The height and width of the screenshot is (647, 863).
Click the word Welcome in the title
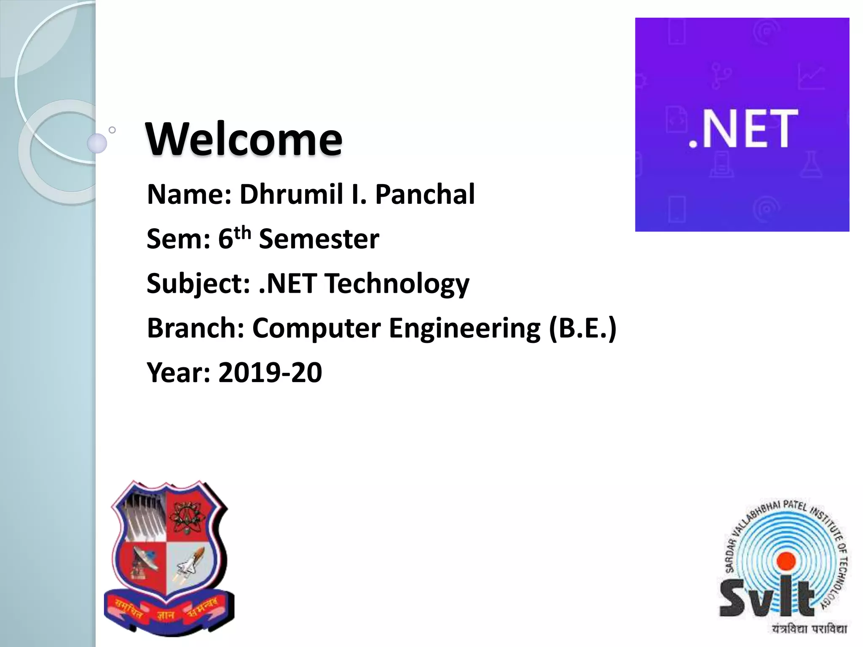tap(244, 139)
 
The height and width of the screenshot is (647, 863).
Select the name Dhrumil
tap(291, 194)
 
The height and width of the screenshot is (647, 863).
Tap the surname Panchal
tap(425, 194)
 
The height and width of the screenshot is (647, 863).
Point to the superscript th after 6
tap(243, 232)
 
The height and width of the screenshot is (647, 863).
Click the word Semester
tap(319, 239)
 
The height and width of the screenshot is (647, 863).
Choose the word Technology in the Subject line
tap(397, 283)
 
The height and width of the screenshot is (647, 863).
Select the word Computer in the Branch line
tap(316, 328)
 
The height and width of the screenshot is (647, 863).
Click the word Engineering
tap(464, 328)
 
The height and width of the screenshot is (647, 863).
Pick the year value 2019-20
tap(270, 373)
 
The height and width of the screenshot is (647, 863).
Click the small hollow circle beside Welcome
tap(112, 130)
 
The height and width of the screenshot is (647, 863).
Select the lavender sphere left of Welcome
tap(97, 143)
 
